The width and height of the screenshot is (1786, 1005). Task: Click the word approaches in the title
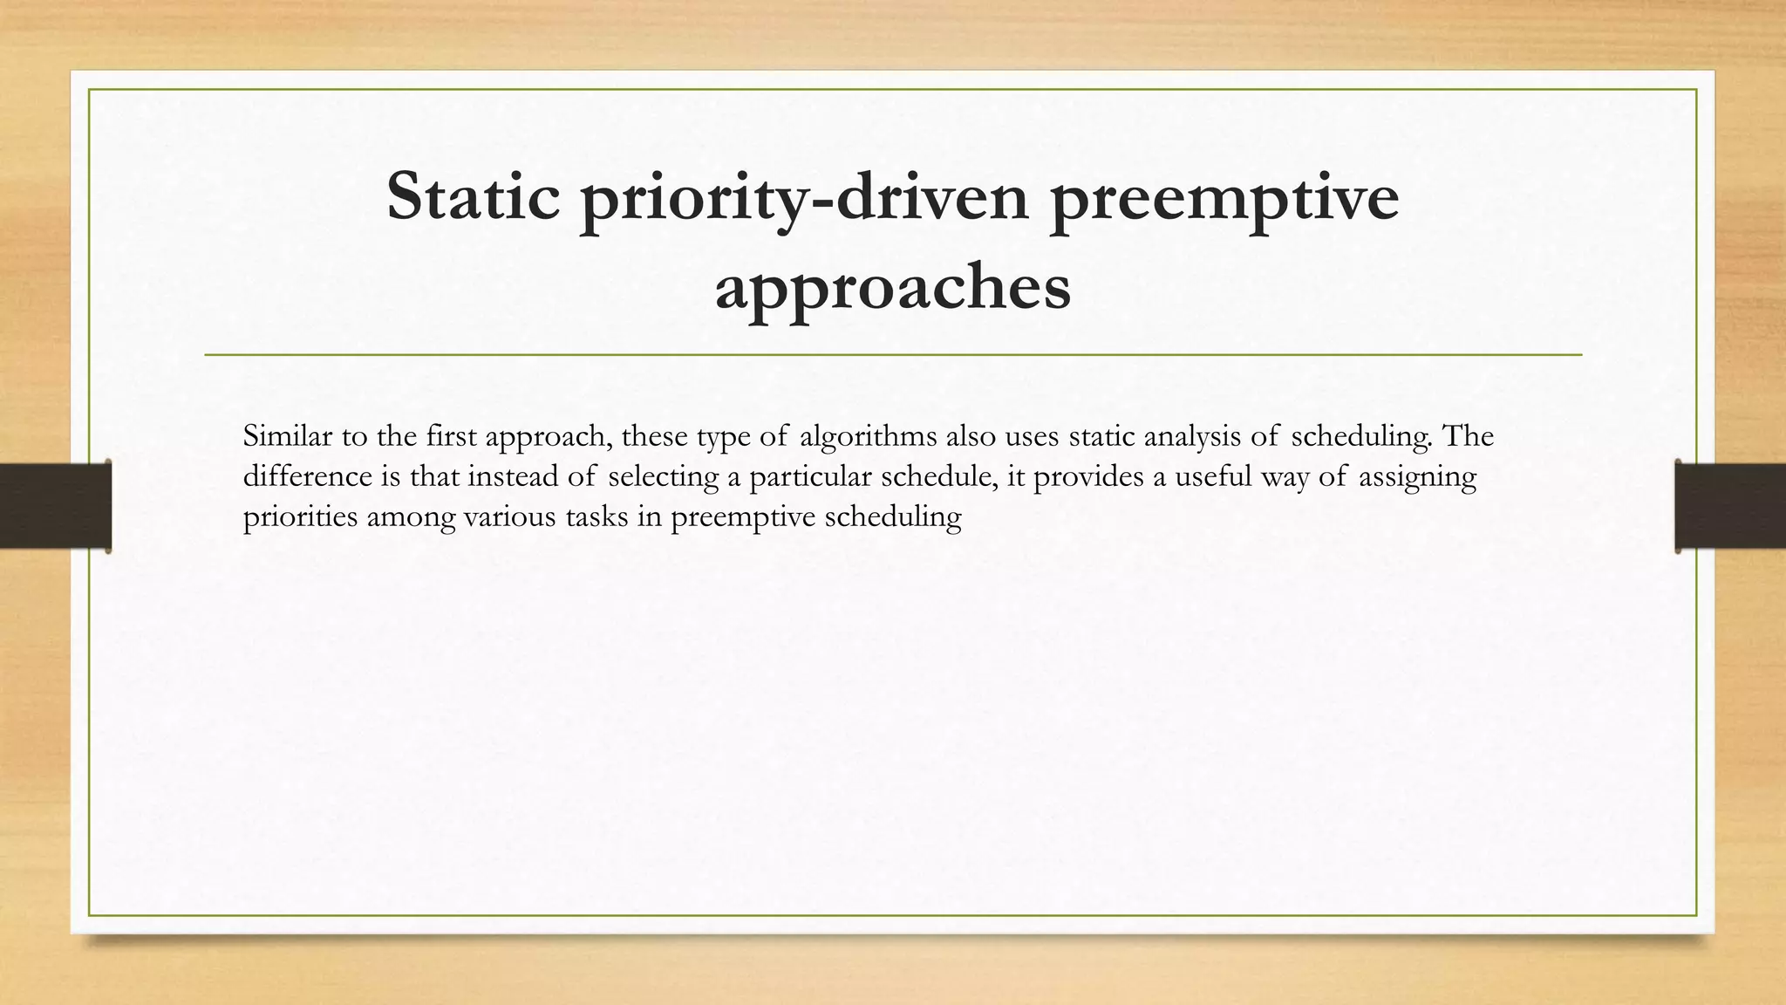(x=892, y=288)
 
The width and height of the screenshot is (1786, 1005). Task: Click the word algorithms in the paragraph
(x=868, y=436)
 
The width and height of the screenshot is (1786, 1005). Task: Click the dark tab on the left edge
(x=55, y=506)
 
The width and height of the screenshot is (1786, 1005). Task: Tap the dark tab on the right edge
(x=1730, y=506)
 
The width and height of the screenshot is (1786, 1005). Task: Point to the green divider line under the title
(x=892, y=355)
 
